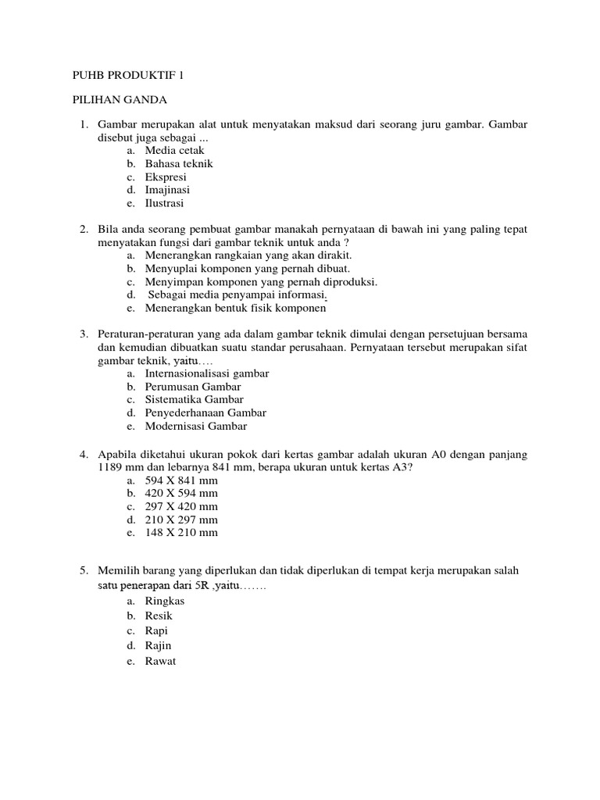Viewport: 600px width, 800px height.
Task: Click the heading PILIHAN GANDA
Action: click(120, 100)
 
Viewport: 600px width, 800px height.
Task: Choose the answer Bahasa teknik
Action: click(178, 164)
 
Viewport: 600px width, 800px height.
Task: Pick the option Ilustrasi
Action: click(164, 203)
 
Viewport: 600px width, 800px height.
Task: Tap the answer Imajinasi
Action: click(167, 190)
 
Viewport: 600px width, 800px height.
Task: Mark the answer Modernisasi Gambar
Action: click(195, 427)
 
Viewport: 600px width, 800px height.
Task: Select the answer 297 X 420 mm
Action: click(181, 506)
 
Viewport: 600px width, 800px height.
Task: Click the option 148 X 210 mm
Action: click(181, 533)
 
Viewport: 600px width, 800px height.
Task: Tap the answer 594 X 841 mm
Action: click(181, 480)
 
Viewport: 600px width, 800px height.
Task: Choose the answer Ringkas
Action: click(164, 601)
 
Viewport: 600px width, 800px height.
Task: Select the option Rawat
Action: click(160, 661)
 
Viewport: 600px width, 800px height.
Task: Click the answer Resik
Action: click(159, 616)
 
